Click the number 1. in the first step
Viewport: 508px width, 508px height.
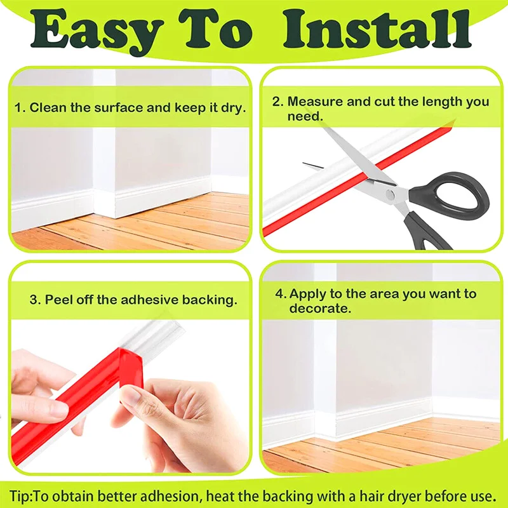click(x=20, y=108)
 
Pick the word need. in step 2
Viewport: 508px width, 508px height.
click(x=305, y=116)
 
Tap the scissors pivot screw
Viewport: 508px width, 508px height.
click(x=390, y=194)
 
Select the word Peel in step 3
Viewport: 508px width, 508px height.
click(x=57, y=300)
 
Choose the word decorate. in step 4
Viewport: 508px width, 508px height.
click(x=321, y=308)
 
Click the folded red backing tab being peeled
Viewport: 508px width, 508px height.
click(x=131, y=362)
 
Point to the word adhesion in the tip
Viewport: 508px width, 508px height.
click(x=175, y=496)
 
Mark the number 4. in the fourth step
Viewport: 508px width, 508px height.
click(x=281, y=294)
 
